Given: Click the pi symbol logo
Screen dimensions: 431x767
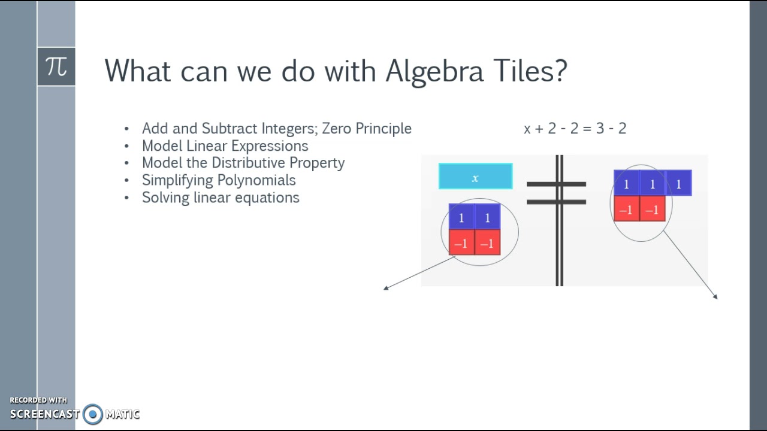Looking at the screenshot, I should [56, 66].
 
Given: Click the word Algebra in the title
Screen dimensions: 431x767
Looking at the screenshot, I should [434, 71].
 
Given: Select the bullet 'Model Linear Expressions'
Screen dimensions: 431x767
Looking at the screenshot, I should [225, 146].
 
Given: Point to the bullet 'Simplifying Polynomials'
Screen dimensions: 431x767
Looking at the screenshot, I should [219, 180].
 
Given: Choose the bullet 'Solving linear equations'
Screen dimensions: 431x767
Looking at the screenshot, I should [221, 198].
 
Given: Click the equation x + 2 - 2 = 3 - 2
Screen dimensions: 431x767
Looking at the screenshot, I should [575, 128].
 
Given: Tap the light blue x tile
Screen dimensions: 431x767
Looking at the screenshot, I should [475, 177].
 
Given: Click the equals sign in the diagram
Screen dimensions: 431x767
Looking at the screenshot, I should [556, 193].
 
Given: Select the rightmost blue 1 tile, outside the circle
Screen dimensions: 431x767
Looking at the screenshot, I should [678, 184].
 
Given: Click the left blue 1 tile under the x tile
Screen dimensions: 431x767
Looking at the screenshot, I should [461, 218].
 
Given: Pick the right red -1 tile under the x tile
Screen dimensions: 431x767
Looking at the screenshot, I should [487, 243].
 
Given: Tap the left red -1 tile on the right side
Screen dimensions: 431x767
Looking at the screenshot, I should [626, 210].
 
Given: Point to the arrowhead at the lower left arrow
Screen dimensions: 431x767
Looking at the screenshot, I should [386, 289].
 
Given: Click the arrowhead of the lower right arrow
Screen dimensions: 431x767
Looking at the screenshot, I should [715, 296].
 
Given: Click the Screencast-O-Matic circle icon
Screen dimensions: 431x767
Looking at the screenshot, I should [93, 414].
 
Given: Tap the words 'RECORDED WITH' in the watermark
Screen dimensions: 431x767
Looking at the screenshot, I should [38, 400].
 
